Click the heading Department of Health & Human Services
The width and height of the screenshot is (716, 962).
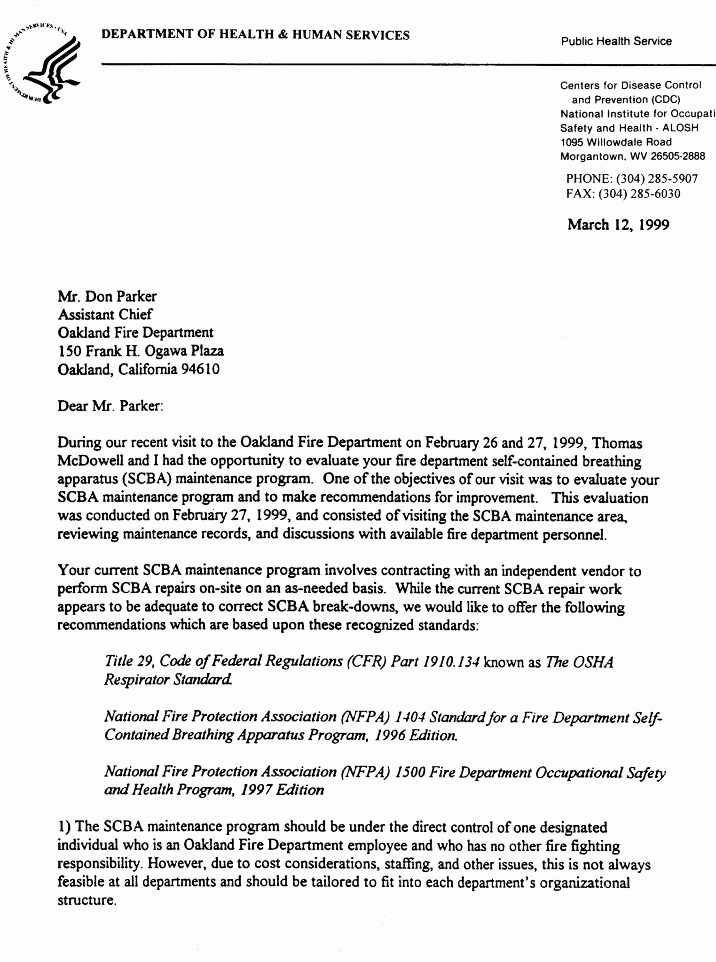pyautogui.click(x=255, y=35)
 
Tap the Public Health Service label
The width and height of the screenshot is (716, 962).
pyautogui.click(x=616, y=41)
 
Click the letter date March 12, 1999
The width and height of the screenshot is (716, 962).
pyautogui.click(x=618, y=225)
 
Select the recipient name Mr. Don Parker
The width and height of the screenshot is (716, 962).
pyautogui.click(x=107, y=296)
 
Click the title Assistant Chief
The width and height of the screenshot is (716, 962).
pyautogui.click(x=105, y=314)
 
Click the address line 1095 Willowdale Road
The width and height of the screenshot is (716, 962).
pyautogui.click(x=616, y=142)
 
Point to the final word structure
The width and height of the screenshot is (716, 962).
pyautogui.click(x=87, y=900)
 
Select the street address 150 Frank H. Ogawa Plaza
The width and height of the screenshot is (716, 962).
pyautogui.click(x=141, y=351)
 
